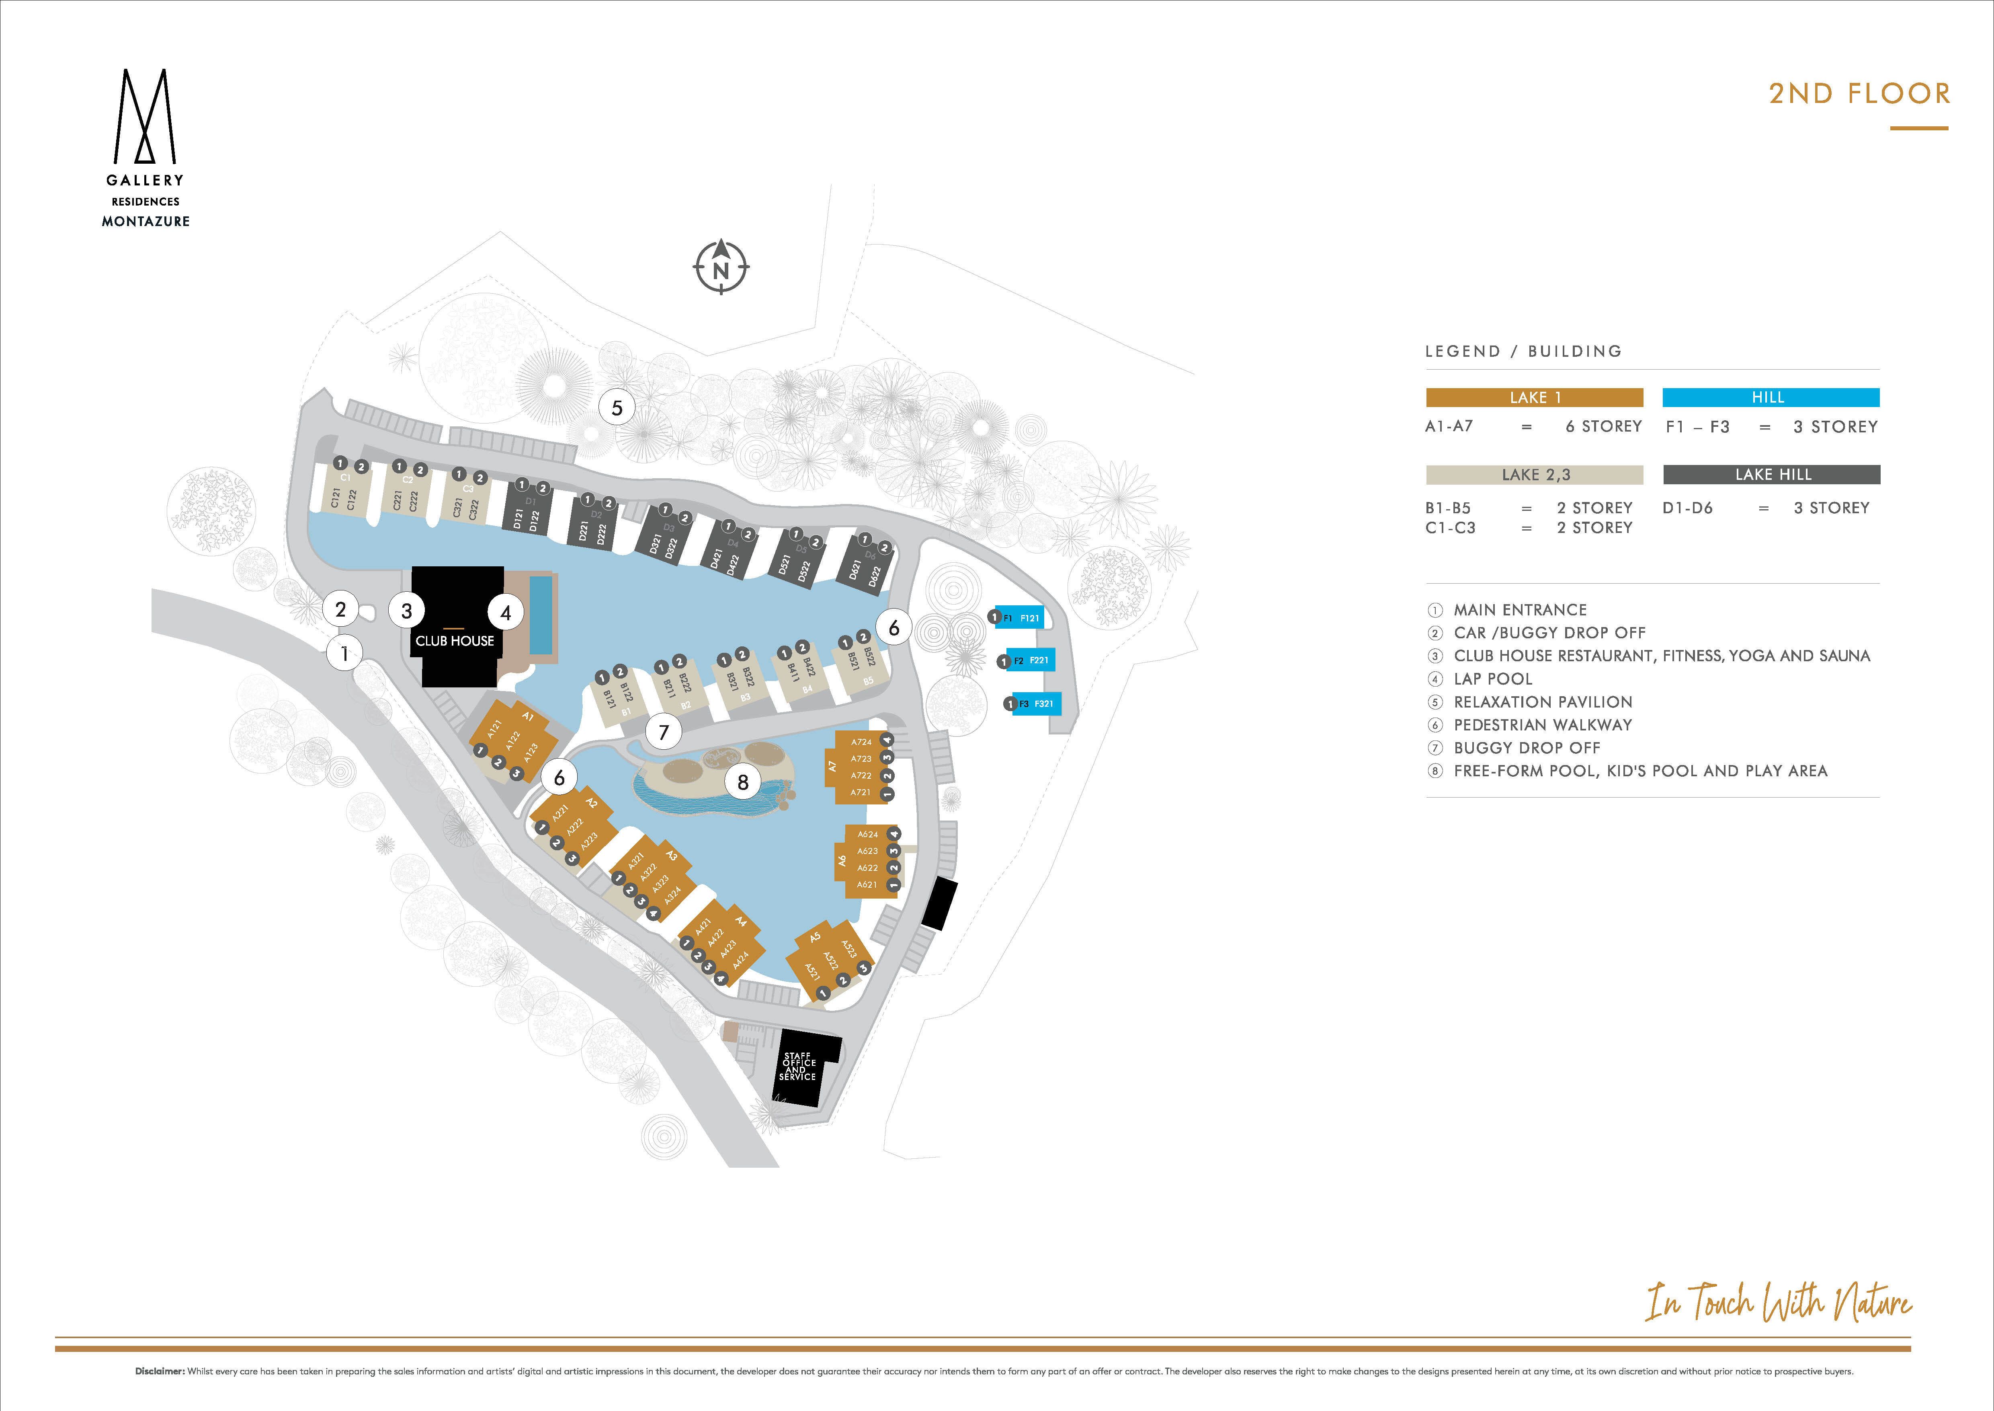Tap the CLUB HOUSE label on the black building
coord(454,641)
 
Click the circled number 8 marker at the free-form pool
coord(742,782)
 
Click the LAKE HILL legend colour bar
coord(1772,474)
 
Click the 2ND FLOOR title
coord(1859,94)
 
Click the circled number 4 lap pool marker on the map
coord(506,613)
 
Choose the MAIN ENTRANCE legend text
coord(1520,610)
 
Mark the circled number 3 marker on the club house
coord(406,611)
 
